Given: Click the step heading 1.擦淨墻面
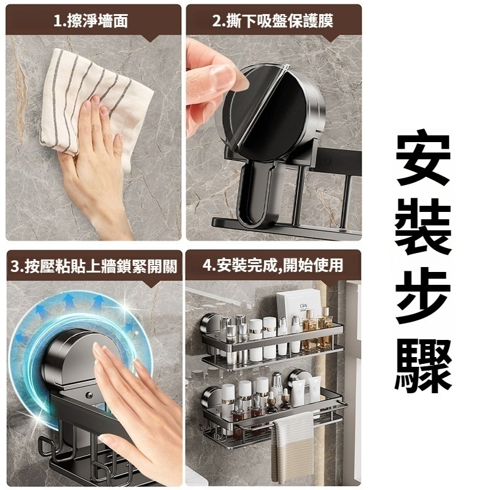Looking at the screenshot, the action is click(x=91, y=21).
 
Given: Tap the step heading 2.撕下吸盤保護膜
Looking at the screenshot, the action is click(x=273, y=21).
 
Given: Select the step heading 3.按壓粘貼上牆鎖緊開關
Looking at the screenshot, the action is click(x=94, y=266).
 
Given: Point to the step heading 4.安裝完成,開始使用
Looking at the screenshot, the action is click(x=273, y=266).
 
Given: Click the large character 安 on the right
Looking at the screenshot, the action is click(x=423, y=158).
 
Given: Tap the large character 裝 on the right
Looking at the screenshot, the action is click(x=423, y=227).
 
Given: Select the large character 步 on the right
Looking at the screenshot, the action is click(x=423, y=296).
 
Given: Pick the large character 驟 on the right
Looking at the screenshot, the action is click(x=423, y=366).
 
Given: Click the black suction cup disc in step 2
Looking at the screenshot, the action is click(x=269, y=113).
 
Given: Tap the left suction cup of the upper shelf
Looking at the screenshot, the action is click(x=210, y=325).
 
